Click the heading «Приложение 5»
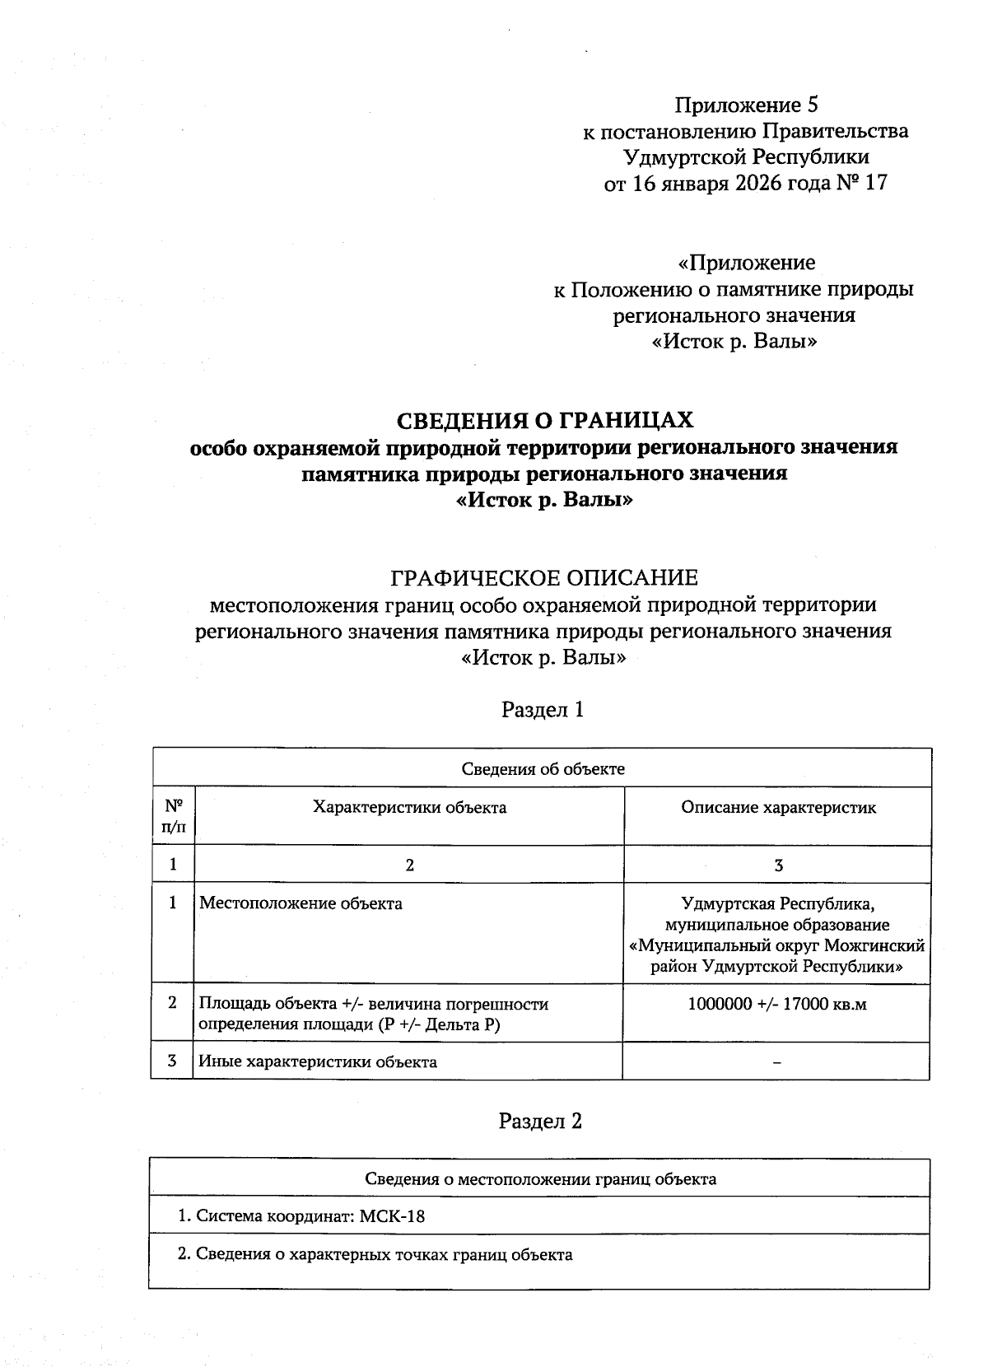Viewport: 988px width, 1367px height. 746,105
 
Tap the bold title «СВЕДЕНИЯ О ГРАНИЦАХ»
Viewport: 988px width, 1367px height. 545,421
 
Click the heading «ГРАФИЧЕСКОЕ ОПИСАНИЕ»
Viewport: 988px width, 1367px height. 543,577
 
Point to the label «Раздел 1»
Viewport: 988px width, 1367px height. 543,710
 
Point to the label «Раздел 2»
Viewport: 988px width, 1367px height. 541,1122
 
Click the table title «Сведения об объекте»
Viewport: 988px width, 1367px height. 543,769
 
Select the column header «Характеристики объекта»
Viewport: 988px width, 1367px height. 409,808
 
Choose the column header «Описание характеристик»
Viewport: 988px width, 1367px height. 778,808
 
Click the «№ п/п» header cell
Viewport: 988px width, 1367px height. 173,816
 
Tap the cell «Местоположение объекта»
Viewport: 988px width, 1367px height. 301,904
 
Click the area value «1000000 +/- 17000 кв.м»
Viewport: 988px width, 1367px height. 777,1005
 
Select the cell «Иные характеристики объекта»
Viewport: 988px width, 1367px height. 318,1062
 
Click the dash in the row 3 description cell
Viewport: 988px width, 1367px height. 777,1062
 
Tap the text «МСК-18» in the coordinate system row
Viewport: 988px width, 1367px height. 393,1216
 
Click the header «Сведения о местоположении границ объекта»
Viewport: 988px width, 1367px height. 540,1179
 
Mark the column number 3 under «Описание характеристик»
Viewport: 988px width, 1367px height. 778,865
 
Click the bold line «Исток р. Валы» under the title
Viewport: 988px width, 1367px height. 545,500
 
